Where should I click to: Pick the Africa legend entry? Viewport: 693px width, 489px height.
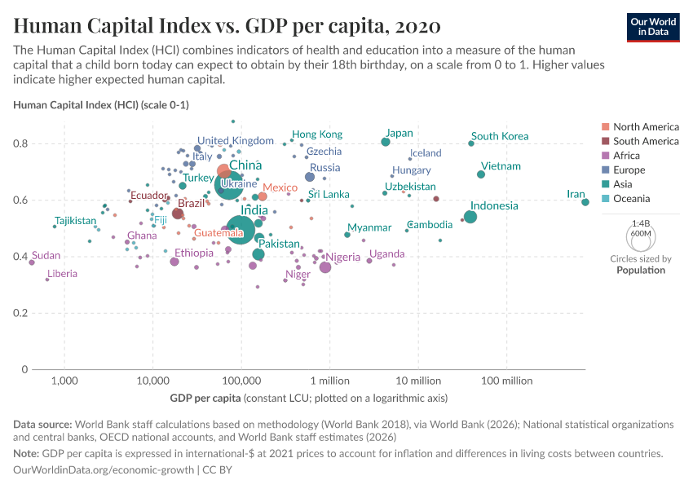(x=628, y=156)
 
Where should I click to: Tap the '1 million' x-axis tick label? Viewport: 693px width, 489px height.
(x=330, y=381)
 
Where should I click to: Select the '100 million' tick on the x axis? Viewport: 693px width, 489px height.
(x=508, y=381)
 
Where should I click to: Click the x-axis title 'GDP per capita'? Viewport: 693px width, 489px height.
(x=205, y=399)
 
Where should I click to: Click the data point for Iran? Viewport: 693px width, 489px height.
(x=585, y=202)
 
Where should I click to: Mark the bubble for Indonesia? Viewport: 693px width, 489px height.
(x=470, y=217)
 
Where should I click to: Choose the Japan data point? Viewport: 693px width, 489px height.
(x=386, y=142)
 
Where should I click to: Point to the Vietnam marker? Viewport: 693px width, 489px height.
(x=481, y=174)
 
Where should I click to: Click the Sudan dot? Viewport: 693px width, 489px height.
(x=32, y=262)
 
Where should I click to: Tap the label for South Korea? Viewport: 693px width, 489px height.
(x=500, y=136)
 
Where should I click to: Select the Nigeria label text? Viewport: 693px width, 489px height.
(x=343, y=258)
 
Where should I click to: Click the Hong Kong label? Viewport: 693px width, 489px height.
(x=317, y=134)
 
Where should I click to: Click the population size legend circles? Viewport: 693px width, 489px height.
(x=640, y=237)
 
